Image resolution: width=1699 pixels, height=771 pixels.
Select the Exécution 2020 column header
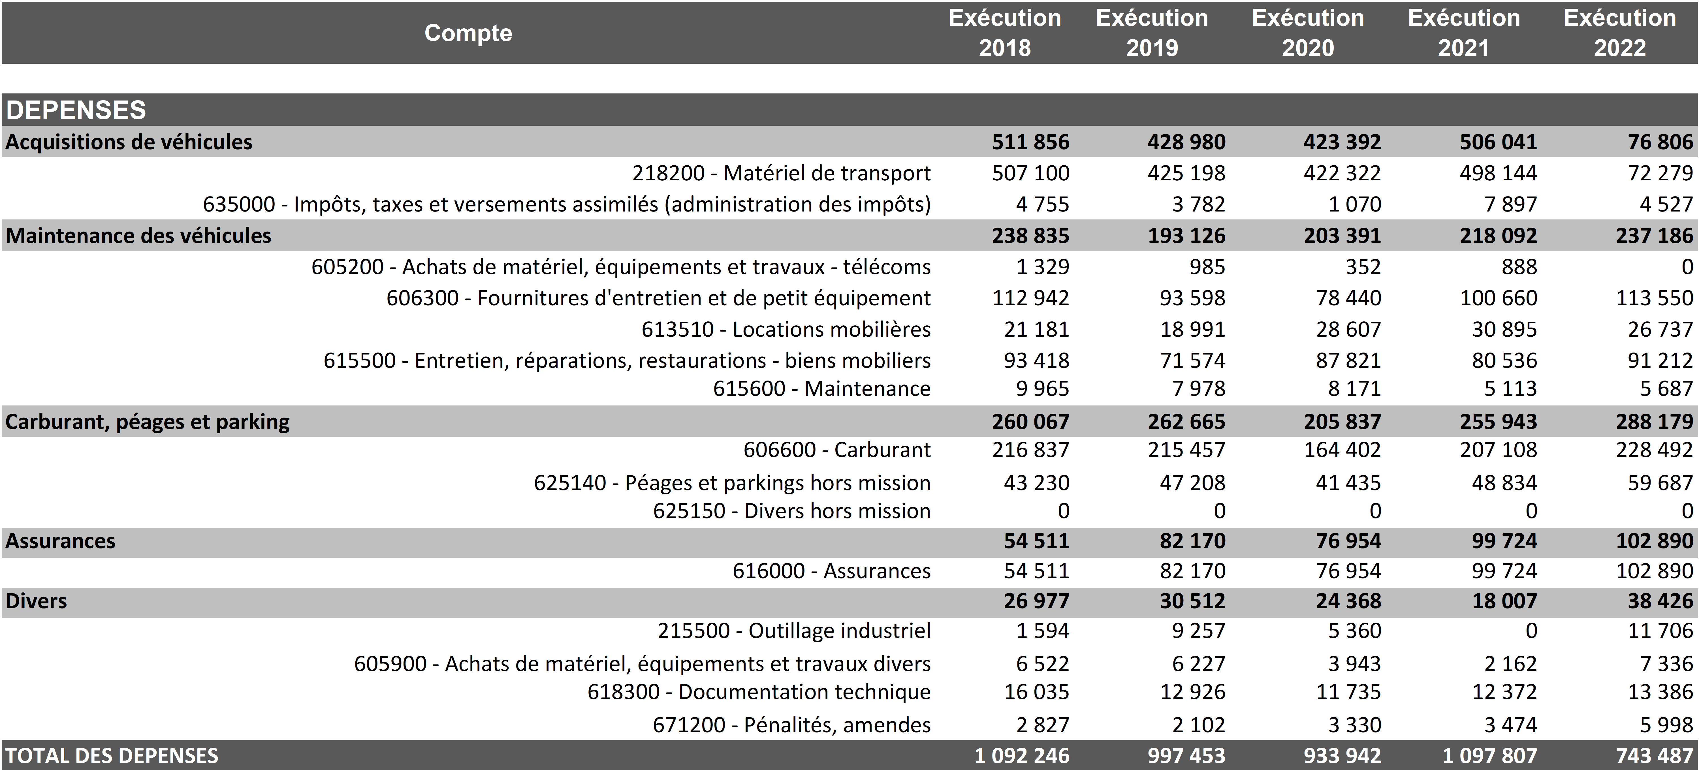[1308, 33]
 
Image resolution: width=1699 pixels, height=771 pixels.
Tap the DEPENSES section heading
[76, 110]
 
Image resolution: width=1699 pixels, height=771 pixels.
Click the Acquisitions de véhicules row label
[129, 142]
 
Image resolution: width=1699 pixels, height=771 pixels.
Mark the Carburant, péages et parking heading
[148, 421]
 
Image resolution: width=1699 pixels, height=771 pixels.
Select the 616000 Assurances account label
[831, 571]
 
